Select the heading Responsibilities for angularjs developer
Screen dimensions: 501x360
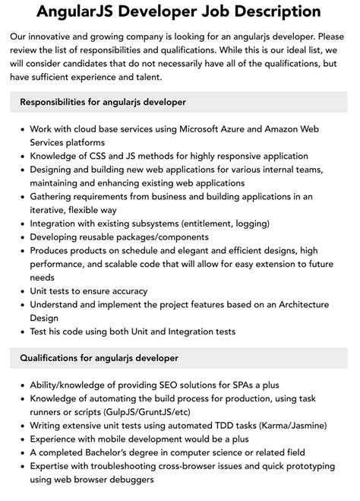(103, 101)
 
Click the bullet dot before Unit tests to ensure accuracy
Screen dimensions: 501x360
(21, 291)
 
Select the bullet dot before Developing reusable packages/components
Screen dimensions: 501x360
(21, 237)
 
